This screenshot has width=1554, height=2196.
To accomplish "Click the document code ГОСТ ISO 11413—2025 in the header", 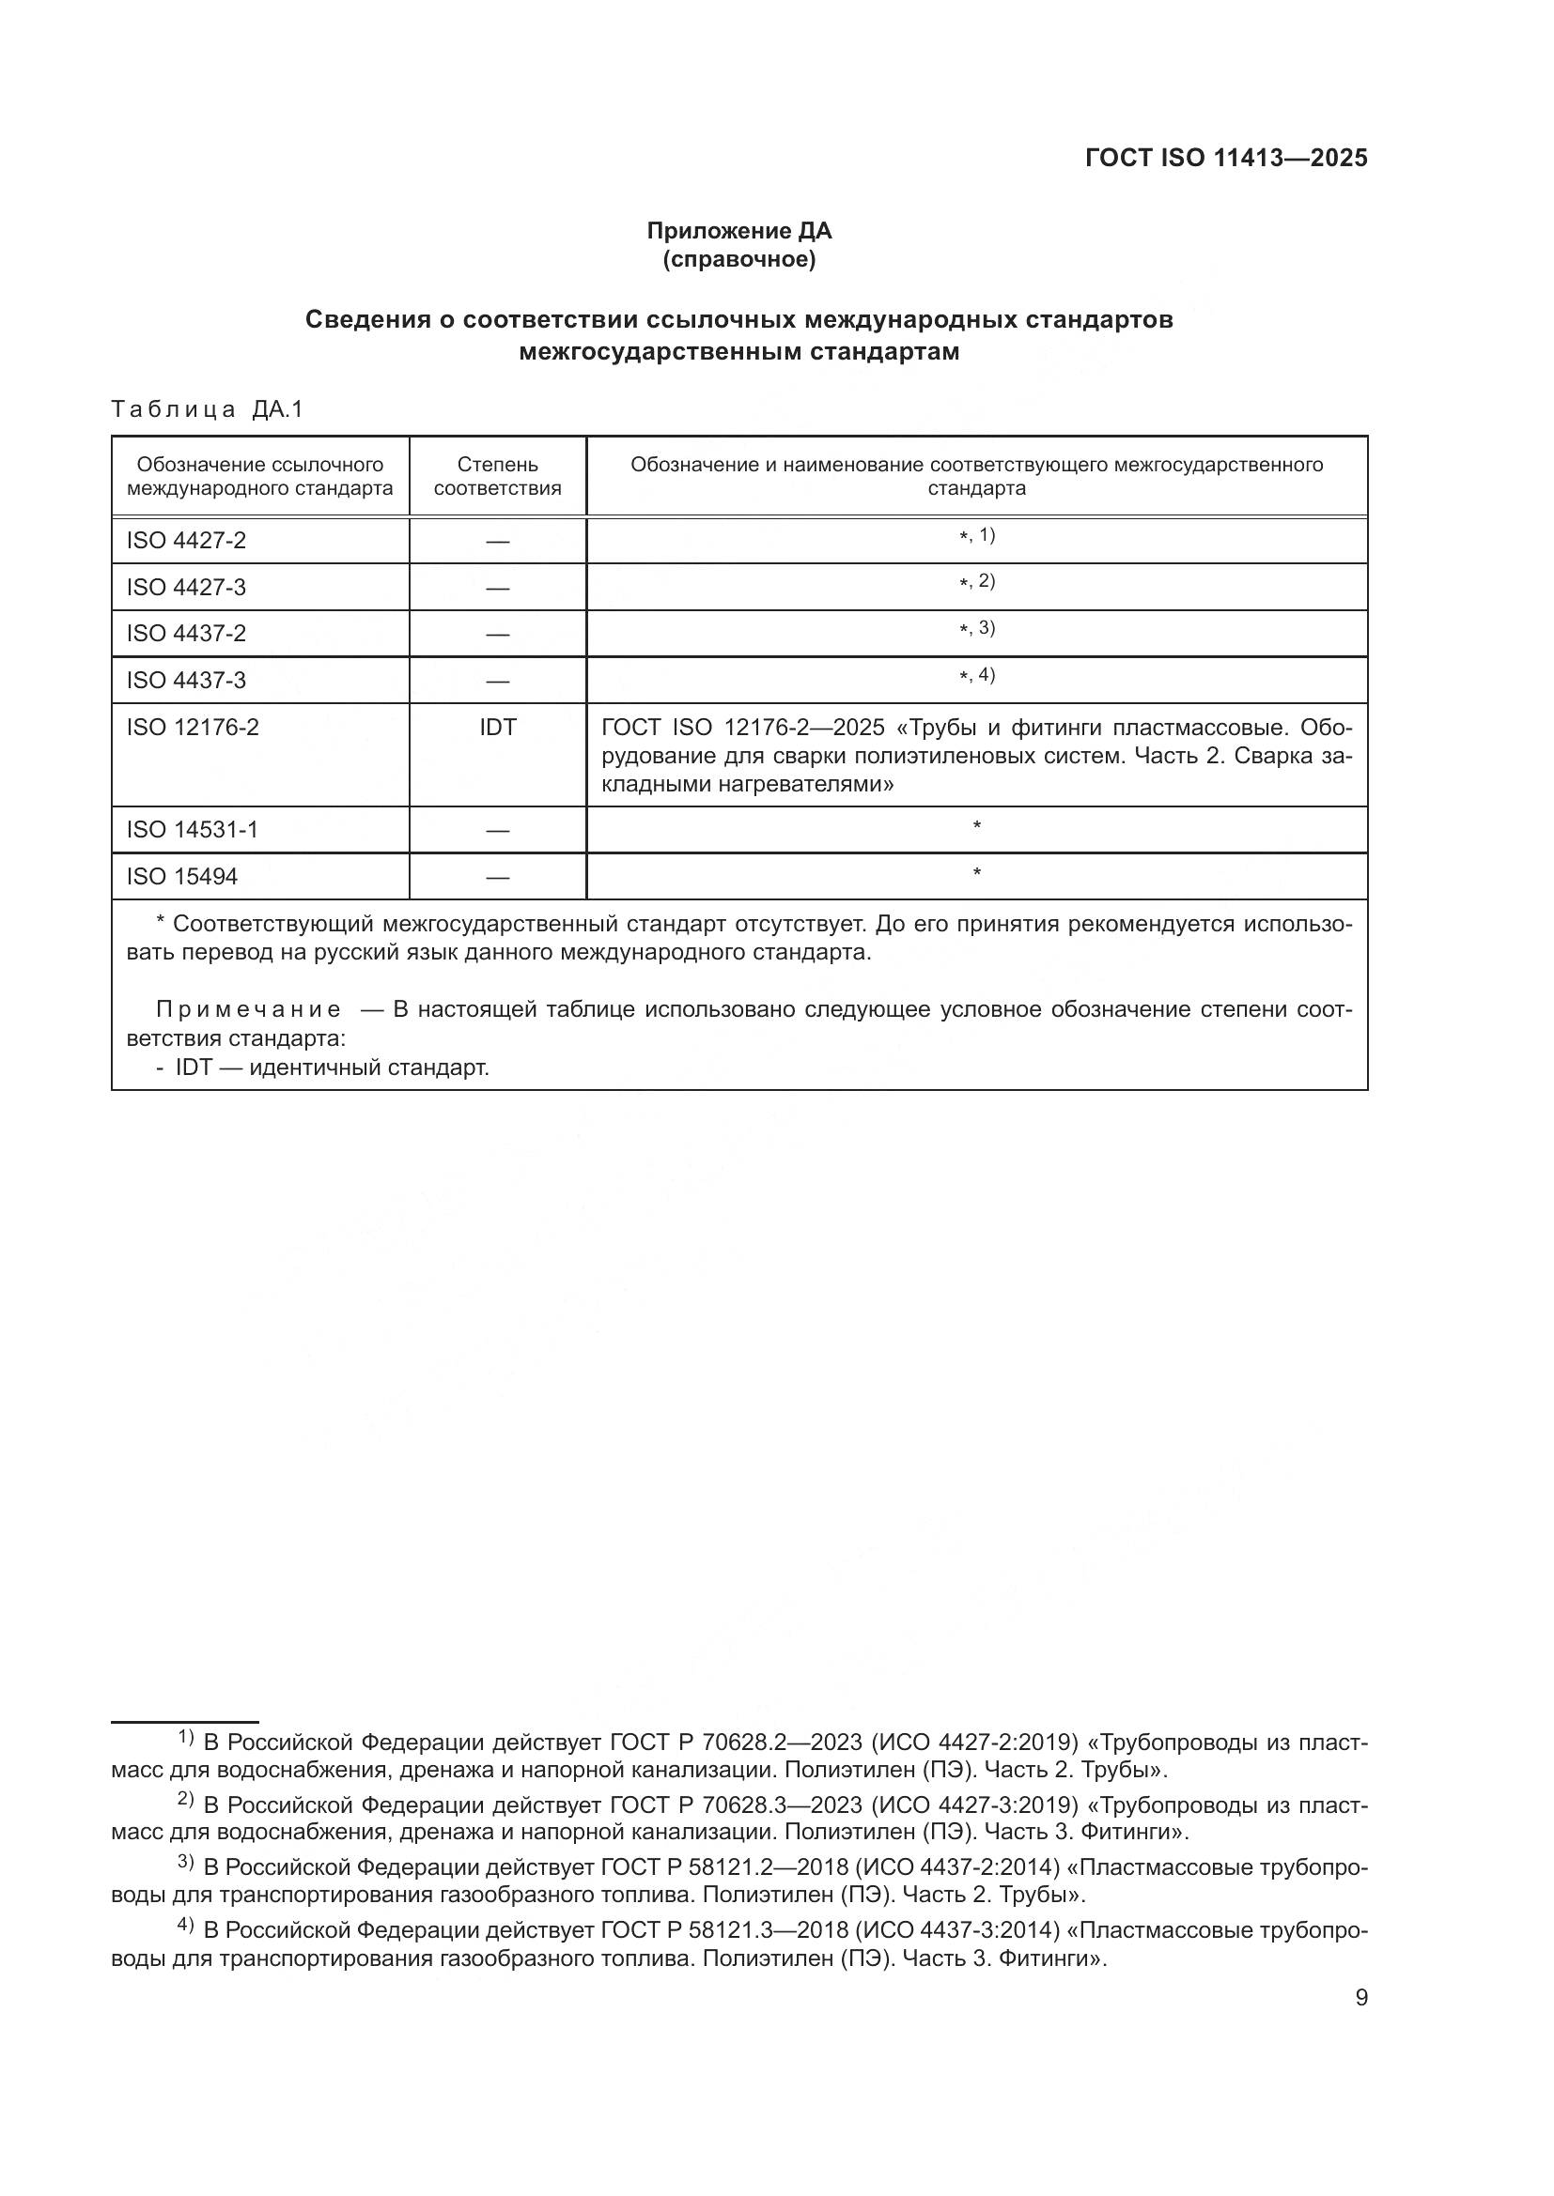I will [1226, 159].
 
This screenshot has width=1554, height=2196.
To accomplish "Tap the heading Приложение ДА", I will [738, 231].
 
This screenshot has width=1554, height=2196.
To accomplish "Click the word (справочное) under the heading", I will [738, 259].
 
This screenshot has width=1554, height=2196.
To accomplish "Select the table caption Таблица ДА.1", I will [207, 409].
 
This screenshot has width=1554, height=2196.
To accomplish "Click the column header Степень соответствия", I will [497, 476].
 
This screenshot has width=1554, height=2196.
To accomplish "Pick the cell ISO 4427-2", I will [187, 541].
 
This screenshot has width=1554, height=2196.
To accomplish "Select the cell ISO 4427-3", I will [187, 587].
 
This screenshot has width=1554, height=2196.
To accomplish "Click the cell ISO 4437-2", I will [187, 633].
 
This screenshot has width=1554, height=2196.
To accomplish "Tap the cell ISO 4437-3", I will [187, 680].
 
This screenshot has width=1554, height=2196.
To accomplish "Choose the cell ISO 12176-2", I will [193, 727].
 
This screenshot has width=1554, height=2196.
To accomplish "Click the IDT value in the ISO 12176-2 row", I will [497, 727].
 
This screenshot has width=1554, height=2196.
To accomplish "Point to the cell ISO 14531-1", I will [193, 829].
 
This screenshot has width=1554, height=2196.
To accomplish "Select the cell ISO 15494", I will [182, 876].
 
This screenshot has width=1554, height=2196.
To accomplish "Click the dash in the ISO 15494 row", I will [497, 877].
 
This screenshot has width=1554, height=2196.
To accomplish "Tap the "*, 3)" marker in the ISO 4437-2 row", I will [976, 628].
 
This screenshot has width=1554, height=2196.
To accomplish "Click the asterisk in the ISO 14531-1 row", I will [976, 825].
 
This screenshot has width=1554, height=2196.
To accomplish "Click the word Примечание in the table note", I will [248, 1010].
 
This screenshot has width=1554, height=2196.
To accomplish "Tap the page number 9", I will [1360, 1997].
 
